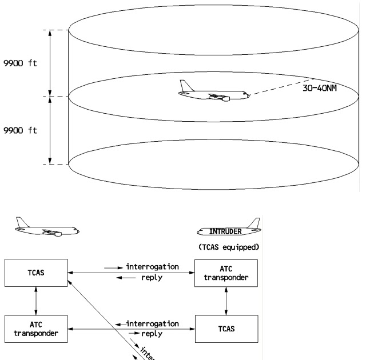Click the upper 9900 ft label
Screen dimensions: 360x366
pos(20,63)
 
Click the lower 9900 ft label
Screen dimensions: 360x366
pos(20,130)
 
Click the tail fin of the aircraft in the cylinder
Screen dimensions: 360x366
pos(185,86)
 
